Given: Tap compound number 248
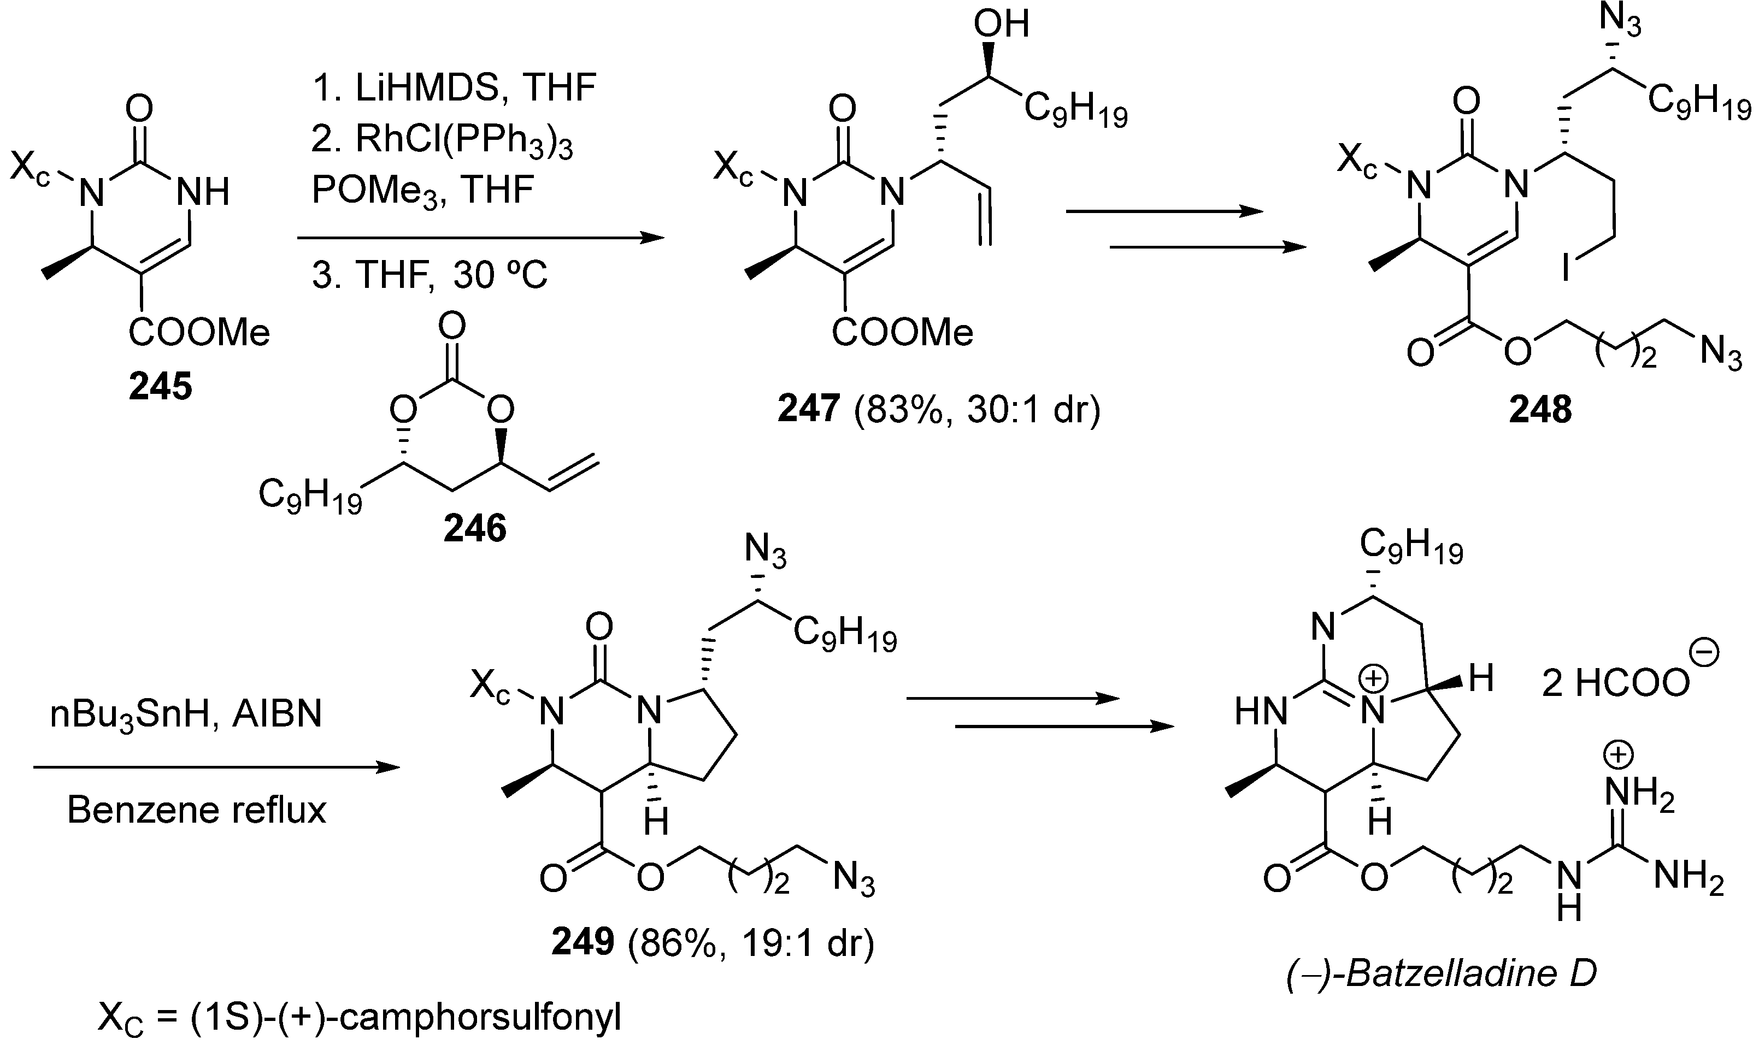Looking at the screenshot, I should pos(1540,409).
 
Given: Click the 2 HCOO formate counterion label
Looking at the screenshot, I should pos(1620,682).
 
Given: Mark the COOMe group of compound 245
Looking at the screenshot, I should pos(199,332).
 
